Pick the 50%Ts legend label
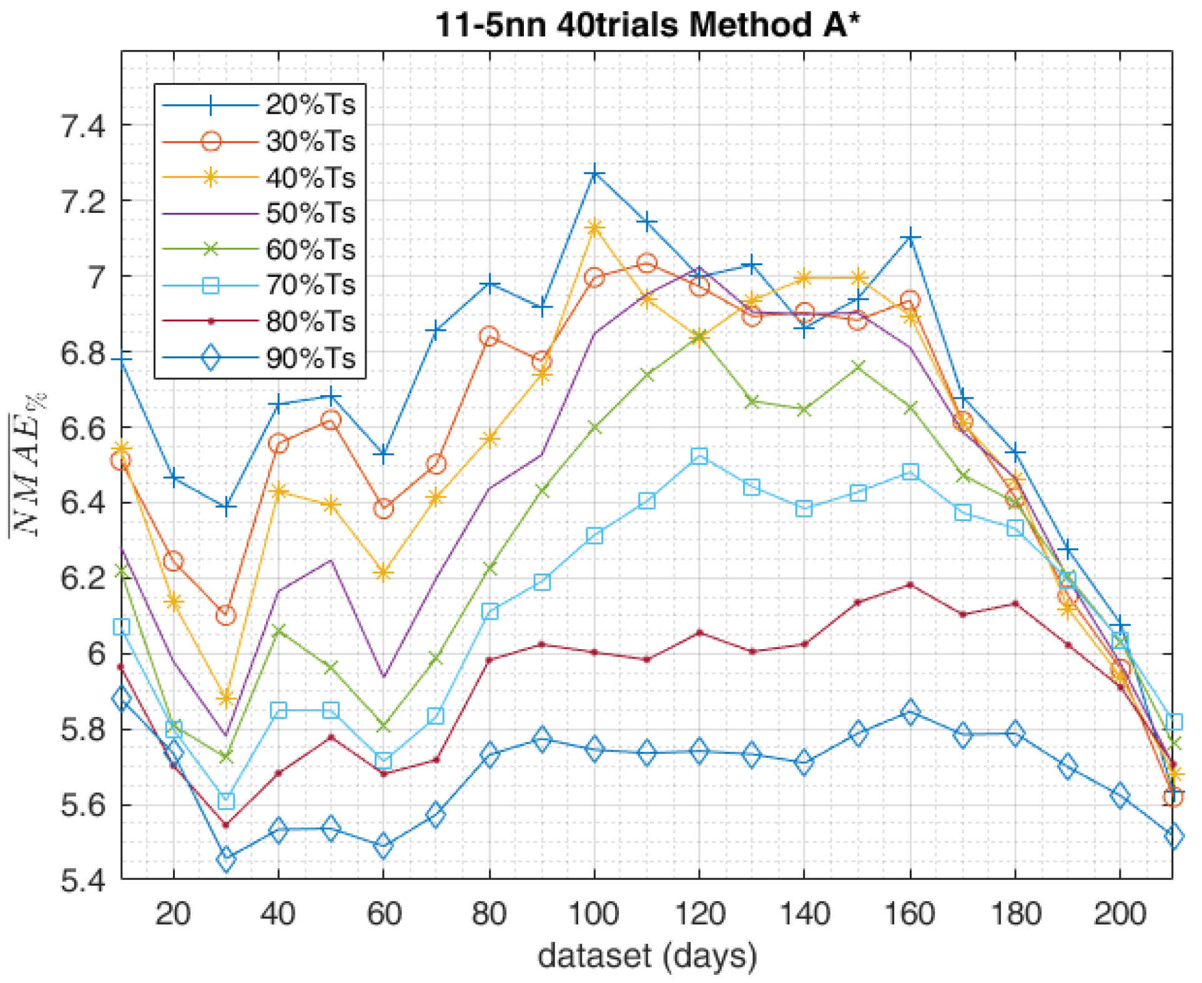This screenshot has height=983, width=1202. [310, 213]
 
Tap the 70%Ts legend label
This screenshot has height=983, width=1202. [310, 285]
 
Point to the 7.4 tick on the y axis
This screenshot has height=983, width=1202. [83, 126]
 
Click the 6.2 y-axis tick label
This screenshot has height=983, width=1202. [83, 579]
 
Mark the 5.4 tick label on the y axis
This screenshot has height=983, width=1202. [83, 880]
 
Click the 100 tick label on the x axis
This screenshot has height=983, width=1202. [594, 914]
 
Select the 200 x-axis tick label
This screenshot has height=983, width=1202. [1120, 914]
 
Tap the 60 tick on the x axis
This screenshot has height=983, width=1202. [383, 914]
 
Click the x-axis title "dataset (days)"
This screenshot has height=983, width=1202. [647, 956]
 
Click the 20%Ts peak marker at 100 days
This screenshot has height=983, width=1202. [594, 173]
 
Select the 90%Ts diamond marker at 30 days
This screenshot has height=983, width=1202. [226, 859]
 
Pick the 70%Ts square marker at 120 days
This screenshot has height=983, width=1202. [699, 456]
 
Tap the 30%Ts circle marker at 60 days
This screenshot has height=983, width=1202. [383, 508]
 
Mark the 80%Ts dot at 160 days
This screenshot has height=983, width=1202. [910, 584]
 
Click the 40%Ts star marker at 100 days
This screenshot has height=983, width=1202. [594, 228]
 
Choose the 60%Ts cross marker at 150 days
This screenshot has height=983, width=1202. [858, 366]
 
